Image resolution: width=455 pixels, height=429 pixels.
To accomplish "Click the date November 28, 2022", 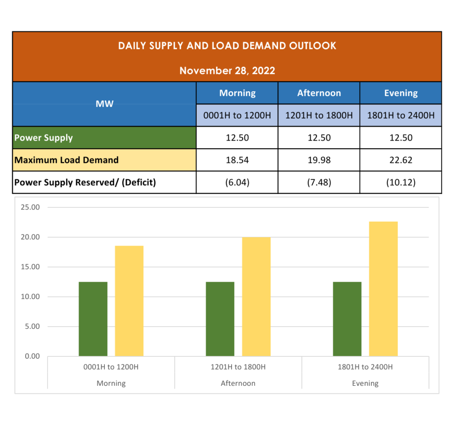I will (x=227, y=70).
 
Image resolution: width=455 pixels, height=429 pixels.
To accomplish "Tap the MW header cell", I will (x=104, y=104).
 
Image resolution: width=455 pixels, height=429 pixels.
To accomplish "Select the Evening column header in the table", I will (x=401, y=93).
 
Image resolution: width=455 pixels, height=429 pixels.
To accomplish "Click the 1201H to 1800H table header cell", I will (x=319, y=116).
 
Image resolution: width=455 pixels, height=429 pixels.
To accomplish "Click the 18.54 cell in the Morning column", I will (x=237, y=160).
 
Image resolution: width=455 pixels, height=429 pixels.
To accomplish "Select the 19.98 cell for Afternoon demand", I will (x=319, y=160).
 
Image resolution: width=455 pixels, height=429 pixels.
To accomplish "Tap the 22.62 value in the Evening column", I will (x=401, y=160).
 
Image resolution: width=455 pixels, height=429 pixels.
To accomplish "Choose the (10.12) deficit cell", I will (x=401, y=182).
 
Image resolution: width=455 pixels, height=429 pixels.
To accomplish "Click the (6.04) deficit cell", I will (x=237, y=182).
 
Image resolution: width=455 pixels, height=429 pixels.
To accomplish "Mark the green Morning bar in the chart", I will (x=93, y=319).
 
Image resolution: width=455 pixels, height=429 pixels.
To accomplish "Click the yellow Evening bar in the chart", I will (x=383, y=289).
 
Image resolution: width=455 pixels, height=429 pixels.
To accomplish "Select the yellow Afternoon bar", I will (x=256, y=296).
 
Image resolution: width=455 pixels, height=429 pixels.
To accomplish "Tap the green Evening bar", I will (x=347, y=319).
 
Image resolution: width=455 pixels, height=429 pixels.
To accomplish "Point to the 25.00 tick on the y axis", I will (x=31, y=207).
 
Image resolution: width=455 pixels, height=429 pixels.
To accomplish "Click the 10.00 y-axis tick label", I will (x=31, y=297).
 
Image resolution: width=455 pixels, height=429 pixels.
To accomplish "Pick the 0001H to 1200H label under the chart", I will (x=111, y=367).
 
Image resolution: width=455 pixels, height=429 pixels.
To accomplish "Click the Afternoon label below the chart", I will (x=238, y=383).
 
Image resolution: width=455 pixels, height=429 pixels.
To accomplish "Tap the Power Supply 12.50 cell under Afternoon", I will (x=319, y=138).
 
